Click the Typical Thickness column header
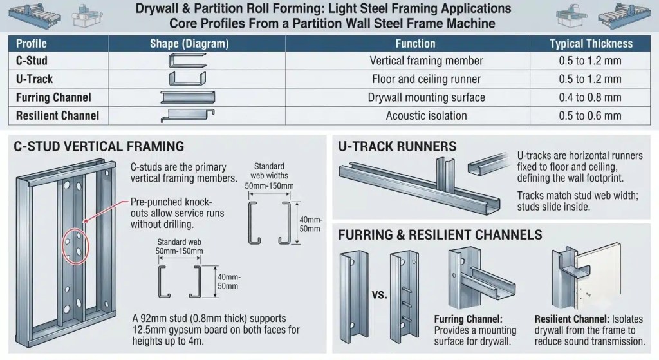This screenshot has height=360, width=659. tap(591, 44)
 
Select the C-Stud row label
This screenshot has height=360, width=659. tap(32, 61)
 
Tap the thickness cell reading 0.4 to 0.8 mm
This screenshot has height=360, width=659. tap(590, 98)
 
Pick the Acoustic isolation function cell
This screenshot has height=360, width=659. tap(426, 116)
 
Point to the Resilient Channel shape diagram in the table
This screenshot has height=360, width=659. tap(187, 115)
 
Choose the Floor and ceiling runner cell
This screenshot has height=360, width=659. tap(426, 79)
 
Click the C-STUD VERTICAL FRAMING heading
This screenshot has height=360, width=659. tap(98, 146)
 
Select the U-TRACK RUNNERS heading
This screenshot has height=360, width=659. tap(397, 146)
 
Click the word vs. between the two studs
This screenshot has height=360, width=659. tap(379, 294)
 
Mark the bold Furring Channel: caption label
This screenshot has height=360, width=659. tap(469, 319)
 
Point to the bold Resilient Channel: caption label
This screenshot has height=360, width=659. tap(571, 319)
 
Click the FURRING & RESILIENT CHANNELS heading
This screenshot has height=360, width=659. tap(440, 234)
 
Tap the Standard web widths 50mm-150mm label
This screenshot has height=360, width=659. tap(270, 176)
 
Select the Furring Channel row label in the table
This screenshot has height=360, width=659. tap(53, 98)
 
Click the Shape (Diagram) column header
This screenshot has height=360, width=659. tap(190, 44)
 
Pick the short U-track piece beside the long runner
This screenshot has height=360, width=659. tap(488, 163)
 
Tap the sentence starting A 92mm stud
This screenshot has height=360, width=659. tap(216, 330)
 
